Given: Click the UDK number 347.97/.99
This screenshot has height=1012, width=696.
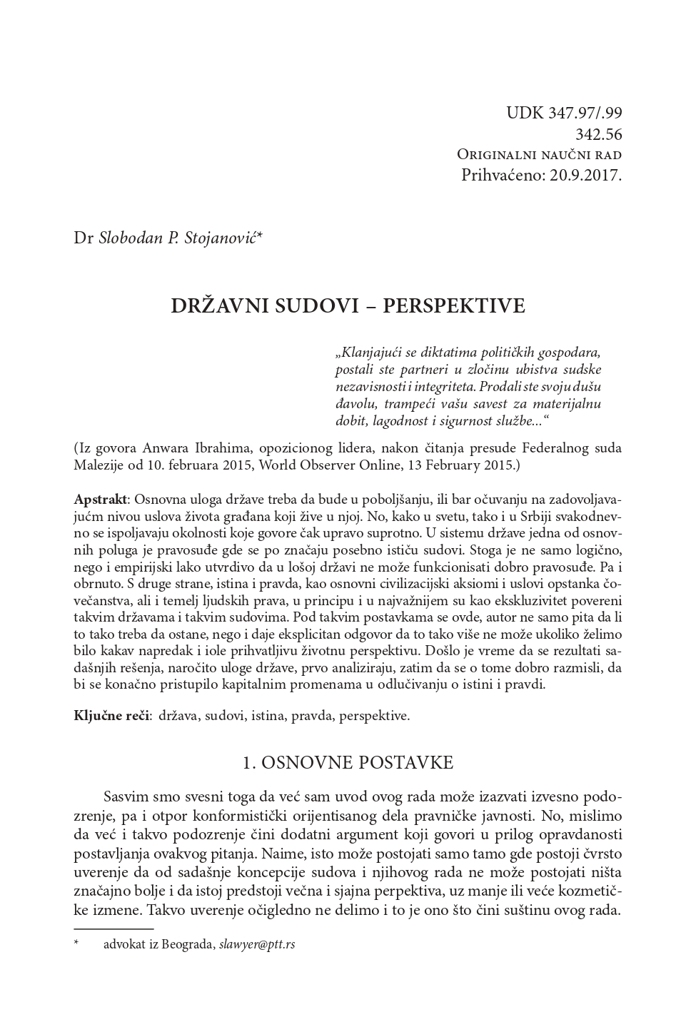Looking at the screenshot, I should (585, 113).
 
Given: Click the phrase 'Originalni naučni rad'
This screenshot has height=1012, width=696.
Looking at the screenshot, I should (539, 154).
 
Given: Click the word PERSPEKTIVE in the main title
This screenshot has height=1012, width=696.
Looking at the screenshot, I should (454, 306).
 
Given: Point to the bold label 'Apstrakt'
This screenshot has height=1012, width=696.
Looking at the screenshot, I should (99, 497).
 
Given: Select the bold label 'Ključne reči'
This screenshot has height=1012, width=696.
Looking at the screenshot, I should (111, 715).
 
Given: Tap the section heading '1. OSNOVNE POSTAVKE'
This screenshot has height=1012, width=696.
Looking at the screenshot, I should (348, 762).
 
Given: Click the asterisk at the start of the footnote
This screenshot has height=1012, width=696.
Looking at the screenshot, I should (76, 943).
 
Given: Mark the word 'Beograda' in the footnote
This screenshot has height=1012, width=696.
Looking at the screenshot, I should (190, 944).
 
